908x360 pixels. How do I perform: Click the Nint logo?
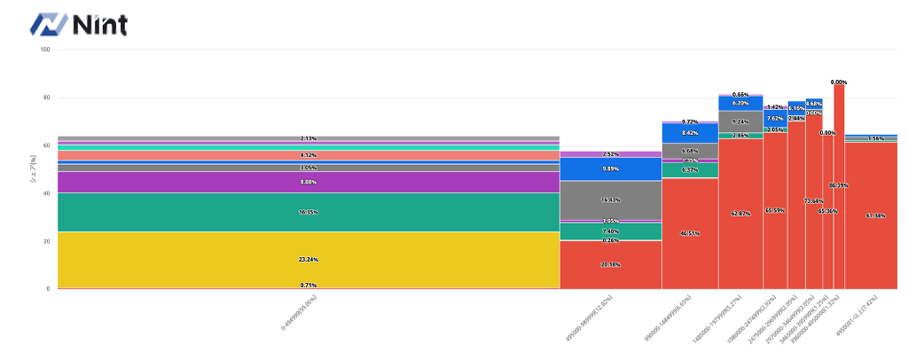(x=79, y=24)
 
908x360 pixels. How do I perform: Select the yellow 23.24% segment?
(x=309, y=259)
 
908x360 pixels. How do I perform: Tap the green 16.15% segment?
(x=309, y=212)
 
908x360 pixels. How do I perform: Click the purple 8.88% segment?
(x=309, y=182)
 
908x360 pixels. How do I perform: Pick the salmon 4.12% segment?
(x=309, y=155)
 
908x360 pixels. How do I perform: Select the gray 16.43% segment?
(x=610, y=200)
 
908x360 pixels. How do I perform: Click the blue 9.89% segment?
(x=610, y=168)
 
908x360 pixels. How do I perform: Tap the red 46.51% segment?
(x=690, y=233)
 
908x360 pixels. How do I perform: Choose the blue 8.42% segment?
(x=690, y=133)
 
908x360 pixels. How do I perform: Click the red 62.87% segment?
(x=740, y=214)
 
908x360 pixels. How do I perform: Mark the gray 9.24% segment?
(x=740, y=121)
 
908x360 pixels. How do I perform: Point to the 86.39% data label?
(x=838, y=186)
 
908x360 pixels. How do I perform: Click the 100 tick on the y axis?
(x=45, y=50)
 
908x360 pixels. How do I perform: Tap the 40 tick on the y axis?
(x=46, y=193)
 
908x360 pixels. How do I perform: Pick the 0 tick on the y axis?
(x=48, y=289)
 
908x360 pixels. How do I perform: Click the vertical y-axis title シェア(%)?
(x=34, y=168)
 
